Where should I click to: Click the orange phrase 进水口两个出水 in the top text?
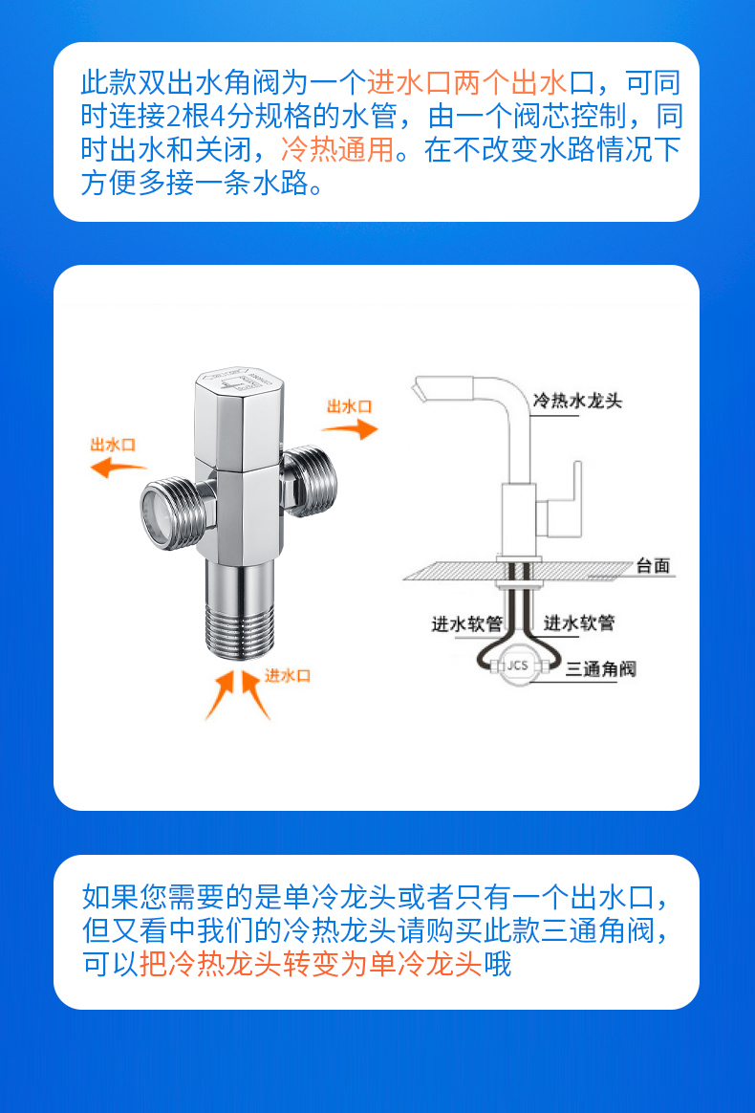466,82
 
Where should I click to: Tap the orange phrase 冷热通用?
337,150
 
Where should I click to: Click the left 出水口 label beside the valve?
113,445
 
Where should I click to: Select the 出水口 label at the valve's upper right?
349,406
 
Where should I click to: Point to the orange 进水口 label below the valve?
288,675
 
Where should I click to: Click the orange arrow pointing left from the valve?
119,468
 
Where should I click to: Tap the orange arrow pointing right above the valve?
350,428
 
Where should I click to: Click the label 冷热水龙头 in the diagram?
577,401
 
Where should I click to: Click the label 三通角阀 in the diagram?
600,668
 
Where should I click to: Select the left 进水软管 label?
467,623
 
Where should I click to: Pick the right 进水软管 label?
579,623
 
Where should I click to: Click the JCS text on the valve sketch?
518,666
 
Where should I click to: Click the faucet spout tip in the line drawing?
420,390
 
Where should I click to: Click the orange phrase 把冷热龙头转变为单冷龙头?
311,965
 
